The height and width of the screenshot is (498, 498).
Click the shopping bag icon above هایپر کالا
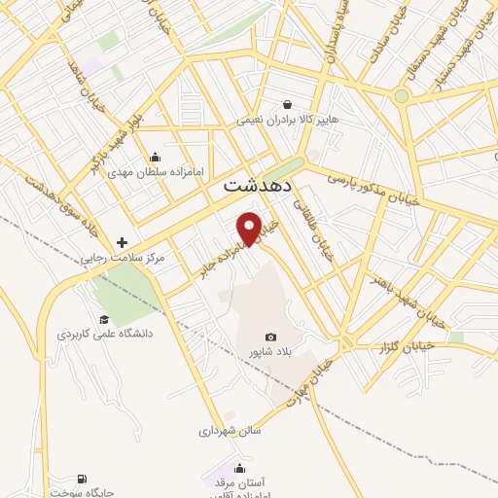288,104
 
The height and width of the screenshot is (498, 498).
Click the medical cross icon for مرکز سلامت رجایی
122,242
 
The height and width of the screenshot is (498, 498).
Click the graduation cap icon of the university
104,319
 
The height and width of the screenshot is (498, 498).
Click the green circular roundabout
401,95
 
